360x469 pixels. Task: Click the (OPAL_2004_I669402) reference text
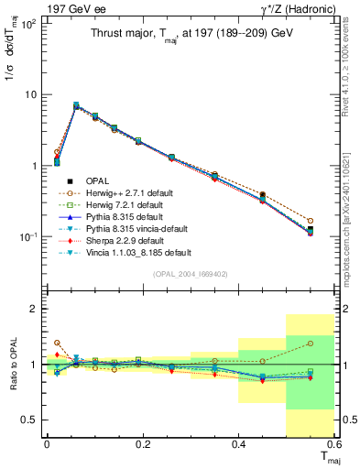[188, 273]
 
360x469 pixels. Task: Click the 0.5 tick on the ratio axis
[34, 420]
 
